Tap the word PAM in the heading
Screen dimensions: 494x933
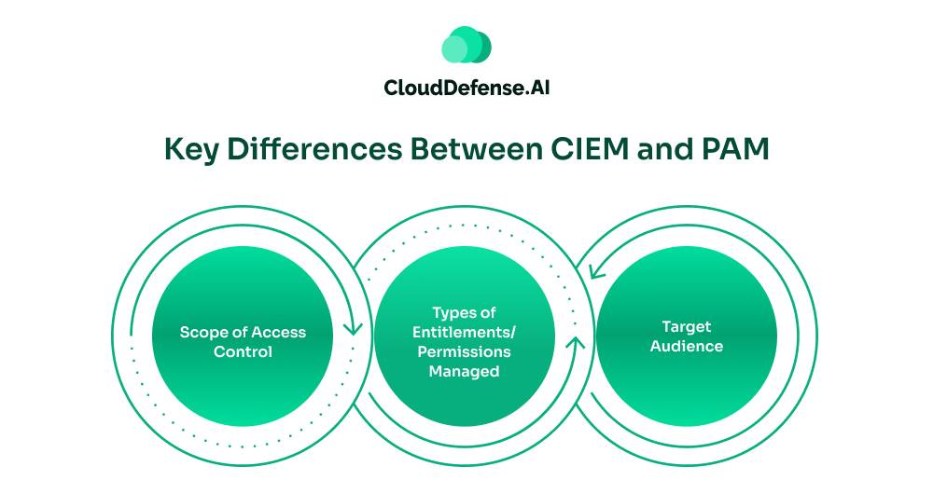pyautogui.click(x=737, y=149)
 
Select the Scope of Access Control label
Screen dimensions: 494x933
pyautogui.click(x=243, y=342)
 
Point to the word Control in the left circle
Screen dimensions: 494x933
pyautogui.click(x=243, y=352)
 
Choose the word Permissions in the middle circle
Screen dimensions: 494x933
pyautogui.click(x=464, y=351)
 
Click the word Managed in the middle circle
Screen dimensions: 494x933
pyautogui.click(x=464, y=371)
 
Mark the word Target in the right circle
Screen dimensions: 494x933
pyautogui.click(x=686, y=326)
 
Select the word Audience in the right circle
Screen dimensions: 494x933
pyautogui.click(x=686, y=346)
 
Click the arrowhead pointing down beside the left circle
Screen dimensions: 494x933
pyautogui.click(x=353, y=328)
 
